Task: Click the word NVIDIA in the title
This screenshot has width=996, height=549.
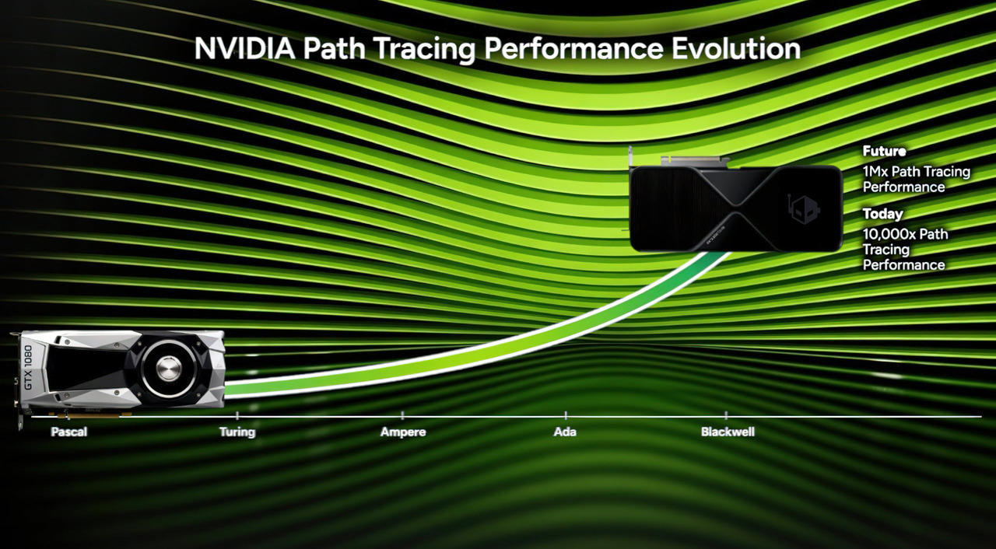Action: coord(243,48)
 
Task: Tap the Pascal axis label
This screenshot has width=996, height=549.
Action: coord(69,432)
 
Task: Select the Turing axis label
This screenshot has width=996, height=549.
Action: coord(237,432)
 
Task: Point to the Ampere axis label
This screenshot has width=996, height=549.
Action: coord(403,432)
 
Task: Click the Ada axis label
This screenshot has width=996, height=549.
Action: coord(565,432)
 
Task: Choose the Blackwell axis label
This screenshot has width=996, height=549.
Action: coord(728,432)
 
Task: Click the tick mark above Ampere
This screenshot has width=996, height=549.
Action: coord(402,416)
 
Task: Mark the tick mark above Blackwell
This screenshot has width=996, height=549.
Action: coord(727,416)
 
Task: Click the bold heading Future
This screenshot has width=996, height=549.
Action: coord(884,152)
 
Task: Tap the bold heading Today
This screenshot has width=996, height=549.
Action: coord(882,214)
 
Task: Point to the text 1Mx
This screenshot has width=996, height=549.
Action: coord(877,172)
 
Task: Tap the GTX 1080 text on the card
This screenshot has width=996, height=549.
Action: coord(28,372)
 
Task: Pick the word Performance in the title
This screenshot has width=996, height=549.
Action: coord(568,48)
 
